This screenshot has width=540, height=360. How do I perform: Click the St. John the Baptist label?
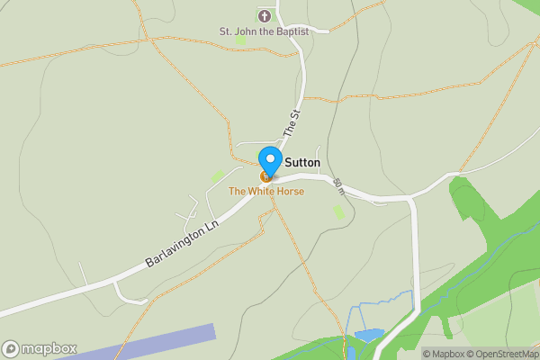[x=264, y=31]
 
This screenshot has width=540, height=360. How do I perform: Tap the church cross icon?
[x=265, y=15]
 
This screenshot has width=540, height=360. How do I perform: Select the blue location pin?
[x=269, y=161]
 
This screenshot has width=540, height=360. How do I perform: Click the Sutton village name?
[x=302, y=163]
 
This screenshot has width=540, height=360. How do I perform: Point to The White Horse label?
[x=265, y=192]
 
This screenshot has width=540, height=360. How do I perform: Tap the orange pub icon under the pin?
[x=265, y=176]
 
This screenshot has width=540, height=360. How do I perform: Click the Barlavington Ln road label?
[x=183, y=244]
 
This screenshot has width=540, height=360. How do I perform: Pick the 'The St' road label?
[x=291, y=122]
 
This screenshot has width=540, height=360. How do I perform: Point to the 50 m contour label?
[x=338, y=186]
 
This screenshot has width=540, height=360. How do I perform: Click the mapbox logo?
[x=40, y=348]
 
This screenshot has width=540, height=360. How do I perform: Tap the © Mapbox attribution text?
[x=442, y=354]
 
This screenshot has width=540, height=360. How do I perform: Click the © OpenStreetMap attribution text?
[x=500, y=354]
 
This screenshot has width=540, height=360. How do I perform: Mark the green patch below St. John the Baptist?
[x=240, y=40]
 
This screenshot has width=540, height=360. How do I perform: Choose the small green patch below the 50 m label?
[x=338, y=211]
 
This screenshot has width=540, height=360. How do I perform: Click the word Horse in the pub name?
[x=289, y=192]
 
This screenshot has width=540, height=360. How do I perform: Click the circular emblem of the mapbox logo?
[x=11, y=348]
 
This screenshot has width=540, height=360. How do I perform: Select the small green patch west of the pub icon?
[x=218, y=176]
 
